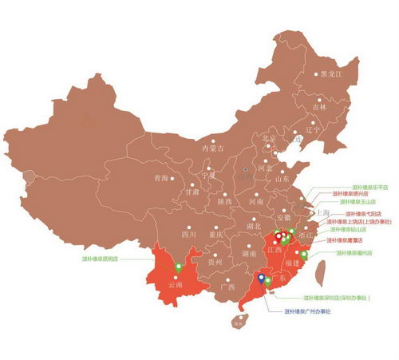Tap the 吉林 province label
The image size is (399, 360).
pyautogui.click(x=319, y=106)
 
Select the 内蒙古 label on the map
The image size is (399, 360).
pyautogui.click(x=213, y=148)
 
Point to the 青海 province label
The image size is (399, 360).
pyautogui.click(x=160, y=178)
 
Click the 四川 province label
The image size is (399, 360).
pyautogui.click(x=188, y=235)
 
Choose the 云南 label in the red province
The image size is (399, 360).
pyautogui.click(x=176, y=284)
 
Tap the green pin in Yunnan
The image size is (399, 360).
pyautogui.click(x=179, y=267)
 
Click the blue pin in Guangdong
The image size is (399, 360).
pyautogui.click(x=262, y=278)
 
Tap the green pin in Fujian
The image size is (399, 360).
pyautogui.click(x=303, y=255)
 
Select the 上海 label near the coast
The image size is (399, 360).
pyautogui.click(x=322, y=213)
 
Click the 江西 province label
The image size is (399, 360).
pyautogui.click(x=275, y=250)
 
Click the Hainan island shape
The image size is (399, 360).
pyautogui.click(x=237, y=322)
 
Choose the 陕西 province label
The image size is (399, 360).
pyautogui.click(x=224, y=202)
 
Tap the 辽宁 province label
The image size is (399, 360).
pyautogui.click(x=313, y=129)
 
